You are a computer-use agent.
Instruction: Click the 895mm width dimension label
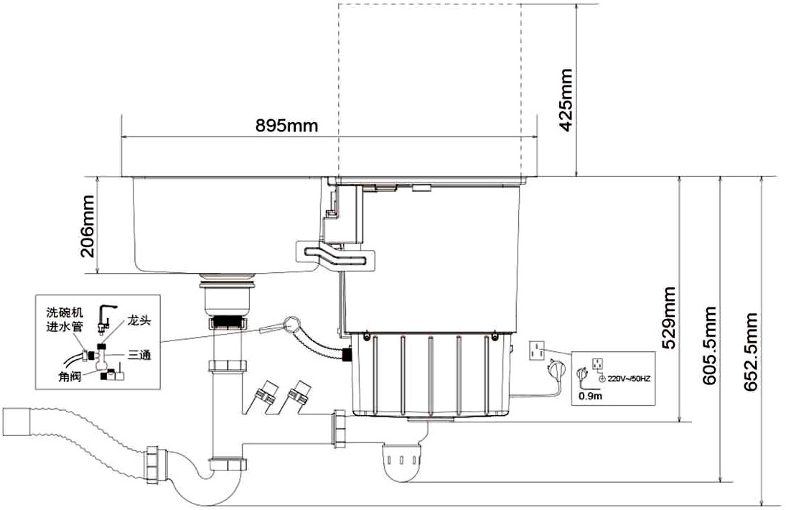286,125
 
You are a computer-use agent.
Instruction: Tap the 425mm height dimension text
566,100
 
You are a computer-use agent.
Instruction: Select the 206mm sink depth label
88,226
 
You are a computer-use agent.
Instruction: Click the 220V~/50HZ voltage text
629,379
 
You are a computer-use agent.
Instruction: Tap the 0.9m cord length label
590,397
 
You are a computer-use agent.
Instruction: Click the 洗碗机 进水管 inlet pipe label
65,320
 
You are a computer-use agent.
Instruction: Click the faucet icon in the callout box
106,315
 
